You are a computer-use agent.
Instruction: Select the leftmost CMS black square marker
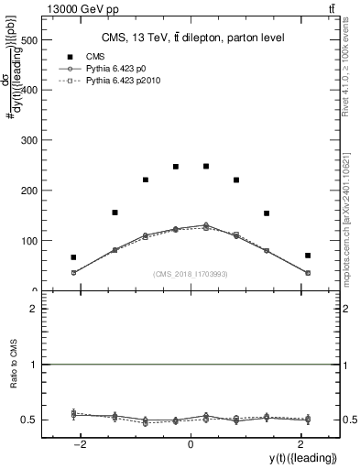73,257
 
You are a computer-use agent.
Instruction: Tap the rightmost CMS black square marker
308,256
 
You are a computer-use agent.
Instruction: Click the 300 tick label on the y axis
30,140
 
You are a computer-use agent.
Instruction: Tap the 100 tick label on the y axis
30,240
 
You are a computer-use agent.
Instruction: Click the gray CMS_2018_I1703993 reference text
191,273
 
